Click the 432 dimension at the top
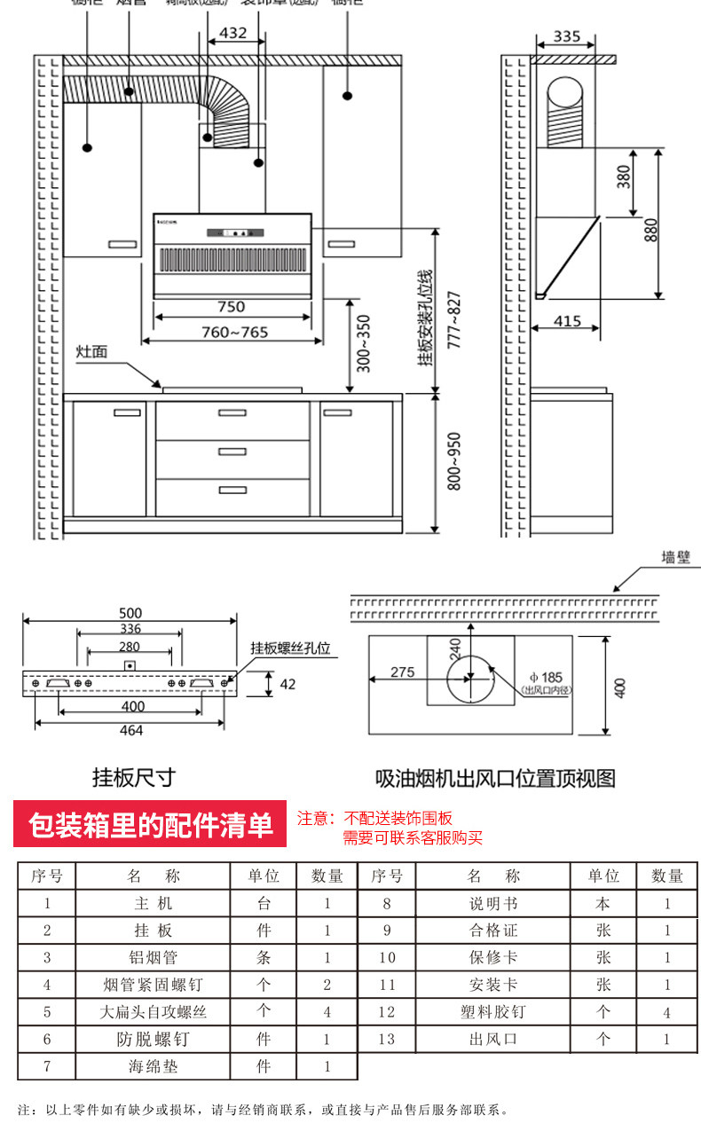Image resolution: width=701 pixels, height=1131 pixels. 232,33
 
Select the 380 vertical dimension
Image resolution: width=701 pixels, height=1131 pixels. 624,180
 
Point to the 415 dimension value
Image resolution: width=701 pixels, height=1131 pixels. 568,320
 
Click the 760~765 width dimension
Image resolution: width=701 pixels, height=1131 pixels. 233,333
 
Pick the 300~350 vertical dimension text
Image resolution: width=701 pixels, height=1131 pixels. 363,343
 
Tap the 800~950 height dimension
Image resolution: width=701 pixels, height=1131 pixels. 453,463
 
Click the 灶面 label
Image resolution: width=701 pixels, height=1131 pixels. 91,352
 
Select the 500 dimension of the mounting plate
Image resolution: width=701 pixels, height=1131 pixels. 130,613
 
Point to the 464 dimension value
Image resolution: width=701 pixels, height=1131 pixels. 131,730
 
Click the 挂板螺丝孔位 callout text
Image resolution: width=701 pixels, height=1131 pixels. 289,648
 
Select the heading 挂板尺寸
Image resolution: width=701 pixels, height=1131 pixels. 134,778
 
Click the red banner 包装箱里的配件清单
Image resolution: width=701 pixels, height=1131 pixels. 150,824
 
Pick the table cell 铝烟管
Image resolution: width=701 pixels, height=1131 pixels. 153,957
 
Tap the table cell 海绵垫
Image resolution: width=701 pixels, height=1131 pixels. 153,1066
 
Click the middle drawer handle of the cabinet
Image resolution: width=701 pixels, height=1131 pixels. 232,451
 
